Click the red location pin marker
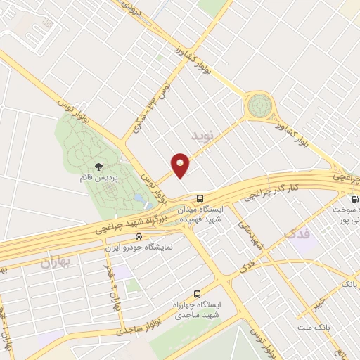point(180,165)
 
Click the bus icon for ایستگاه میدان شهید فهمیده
point(200,198)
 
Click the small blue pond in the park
point(139,201)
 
